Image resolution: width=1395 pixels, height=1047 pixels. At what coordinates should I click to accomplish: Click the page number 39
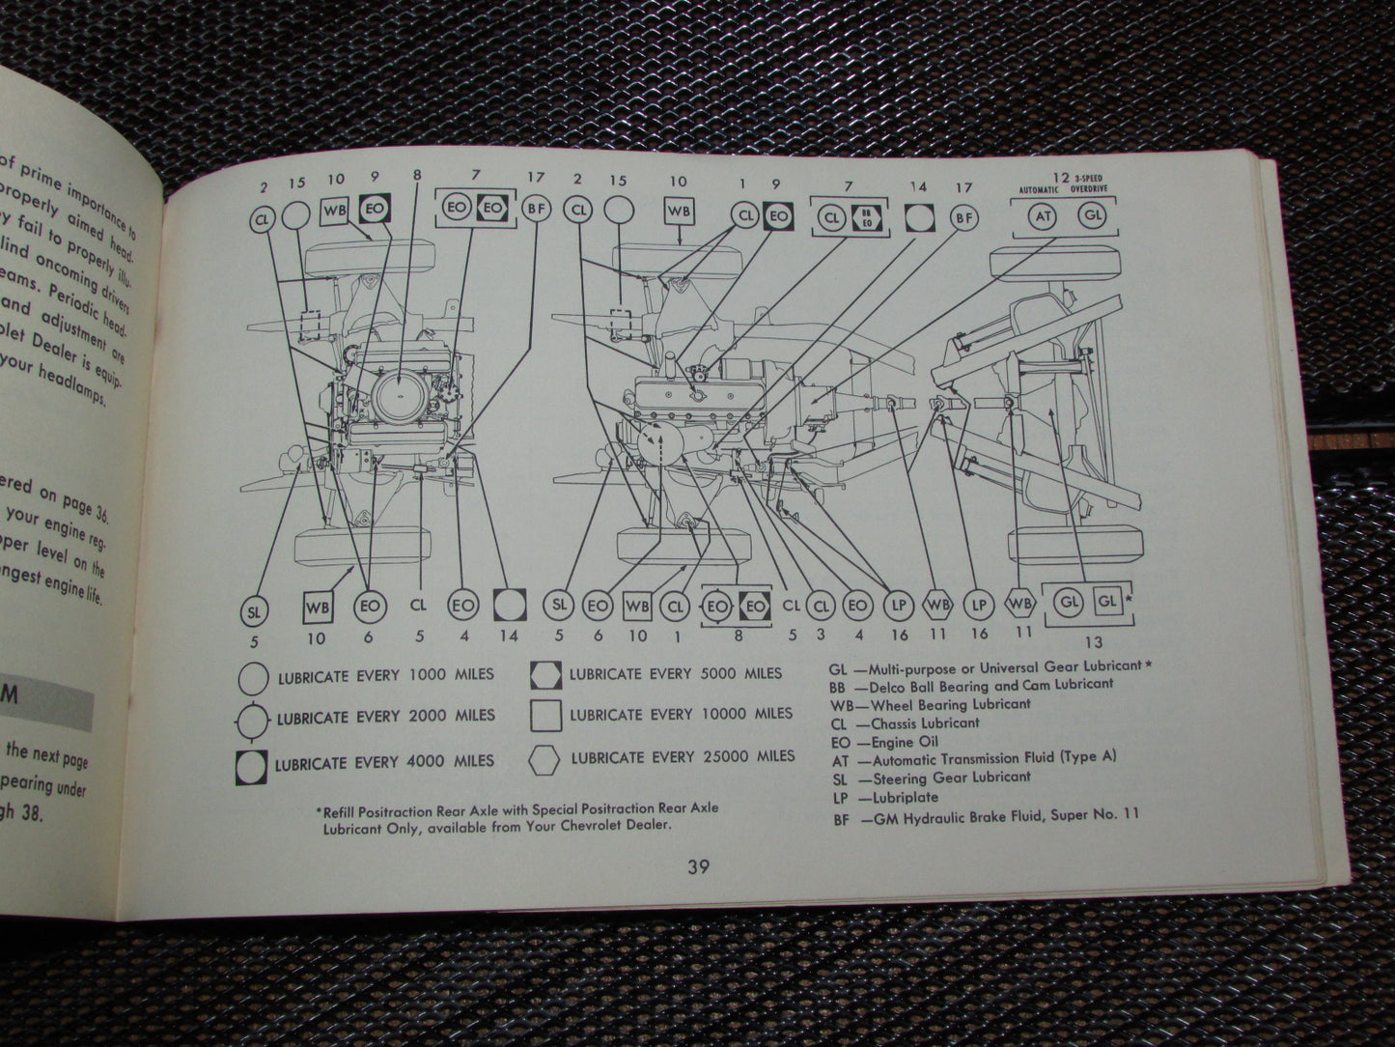point(698,866)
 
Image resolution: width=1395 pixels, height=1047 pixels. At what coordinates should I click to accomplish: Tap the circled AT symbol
point(1044,216)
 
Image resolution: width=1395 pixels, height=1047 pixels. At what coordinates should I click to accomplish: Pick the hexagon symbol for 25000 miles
point(547,757)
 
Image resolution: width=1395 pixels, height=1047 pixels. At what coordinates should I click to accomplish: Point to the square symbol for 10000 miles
point(546,716)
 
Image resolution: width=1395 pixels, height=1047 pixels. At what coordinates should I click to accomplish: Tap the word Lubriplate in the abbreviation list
point(908,797)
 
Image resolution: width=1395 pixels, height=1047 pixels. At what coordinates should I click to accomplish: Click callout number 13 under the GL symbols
point(1094,642)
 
